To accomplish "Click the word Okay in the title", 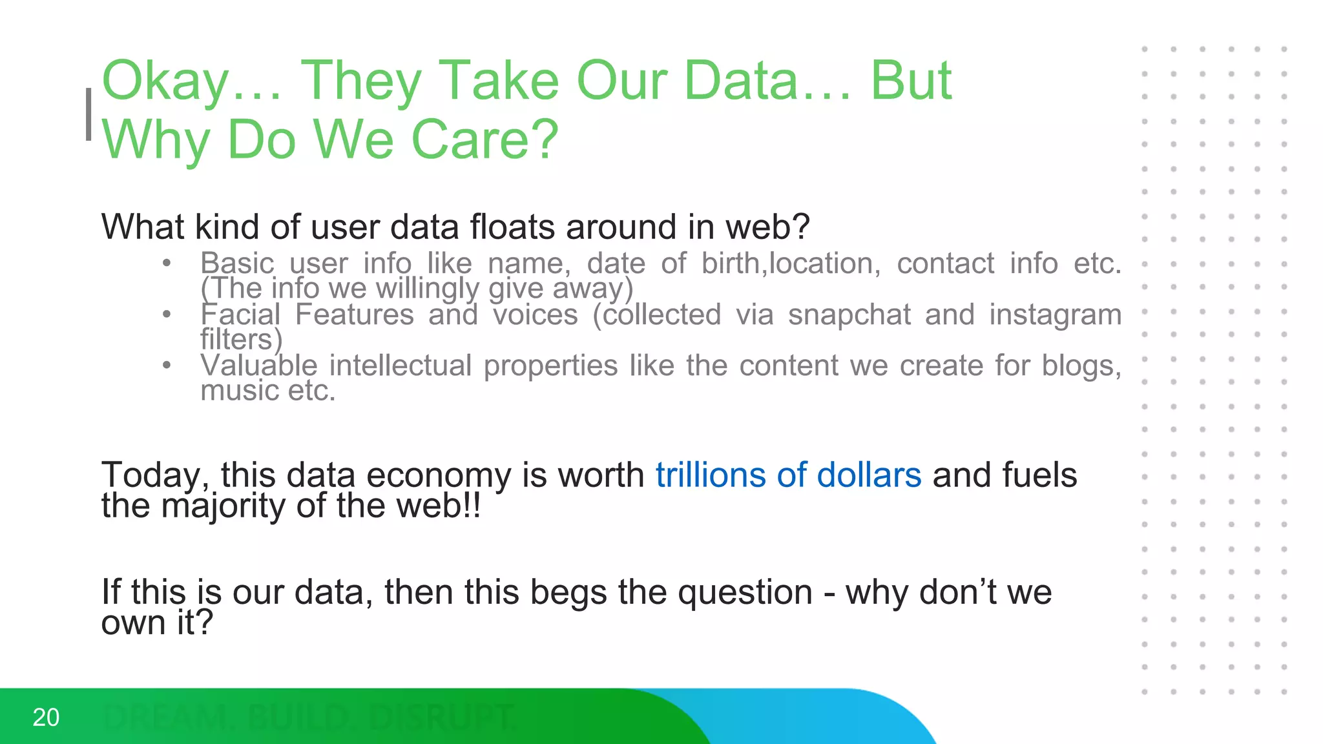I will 165,81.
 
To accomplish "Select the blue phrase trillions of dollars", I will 788,475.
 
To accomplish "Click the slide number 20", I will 46,718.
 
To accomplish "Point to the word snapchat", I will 849,315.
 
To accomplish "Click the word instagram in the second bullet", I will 1055,315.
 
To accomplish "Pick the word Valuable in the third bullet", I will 258,366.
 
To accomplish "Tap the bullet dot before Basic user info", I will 167,263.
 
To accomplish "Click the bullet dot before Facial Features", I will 167,315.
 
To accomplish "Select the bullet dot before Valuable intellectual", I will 167,366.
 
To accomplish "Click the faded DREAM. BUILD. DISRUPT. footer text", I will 310,718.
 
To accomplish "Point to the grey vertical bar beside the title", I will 89,114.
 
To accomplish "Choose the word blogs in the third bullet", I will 1081,366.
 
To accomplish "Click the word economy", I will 439,477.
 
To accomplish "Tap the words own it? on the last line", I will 157,623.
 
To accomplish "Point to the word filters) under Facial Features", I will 241,340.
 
